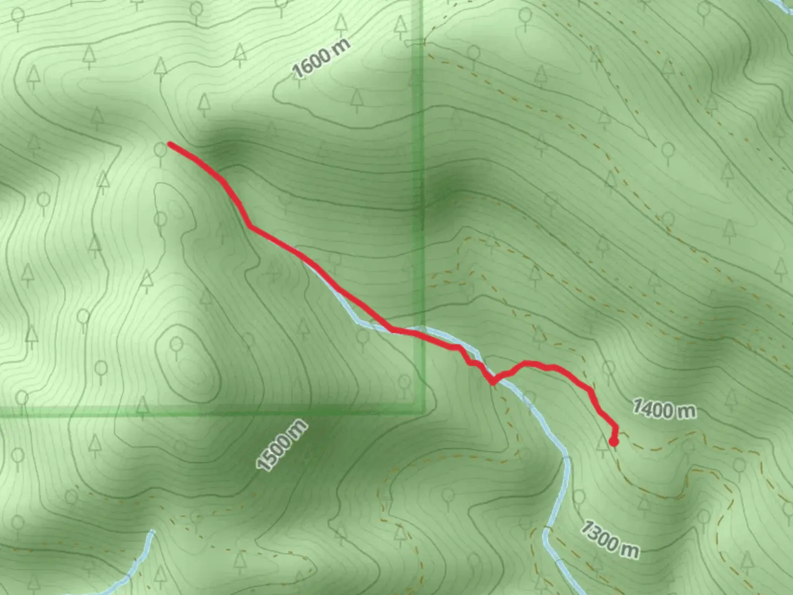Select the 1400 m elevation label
pyautogui.click(x=663, y=409)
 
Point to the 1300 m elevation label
pyautogui.click(x=610, y=539)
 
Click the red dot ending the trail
pyautogui.click(x=613, y=441)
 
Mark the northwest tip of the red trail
pyautogui.click(x=170, y=144)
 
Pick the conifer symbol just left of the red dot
pyautogui.click(x=602, y=441)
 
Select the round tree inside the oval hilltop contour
pyautogui.click(x=176, y=346)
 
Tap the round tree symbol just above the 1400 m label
pyautogui.click(x=609, y=368)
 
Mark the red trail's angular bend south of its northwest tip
pyautogui.click(x=249, y=225)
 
